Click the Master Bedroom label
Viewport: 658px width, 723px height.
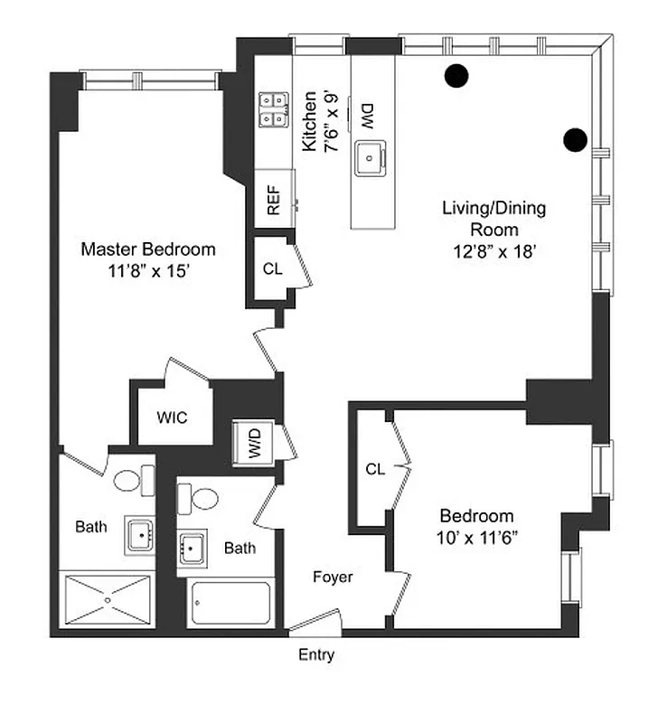click(x=147, y=259)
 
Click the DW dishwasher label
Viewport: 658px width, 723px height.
click(x=368, y=115)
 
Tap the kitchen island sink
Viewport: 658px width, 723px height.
click(x=371, y=158)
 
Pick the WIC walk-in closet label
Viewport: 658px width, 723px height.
click(x=172, y=418)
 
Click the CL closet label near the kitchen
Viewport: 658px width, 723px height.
click(x=272, y=268)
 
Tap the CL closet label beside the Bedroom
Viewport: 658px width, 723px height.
click(x=375, y=469)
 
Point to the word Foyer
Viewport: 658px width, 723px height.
click(x=333, y=577)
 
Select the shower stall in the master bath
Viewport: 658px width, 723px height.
click(x=107, y=597)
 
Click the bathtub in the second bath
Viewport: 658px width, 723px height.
click(x=230, y=603)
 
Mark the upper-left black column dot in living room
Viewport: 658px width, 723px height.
click(x=456, y=77)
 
